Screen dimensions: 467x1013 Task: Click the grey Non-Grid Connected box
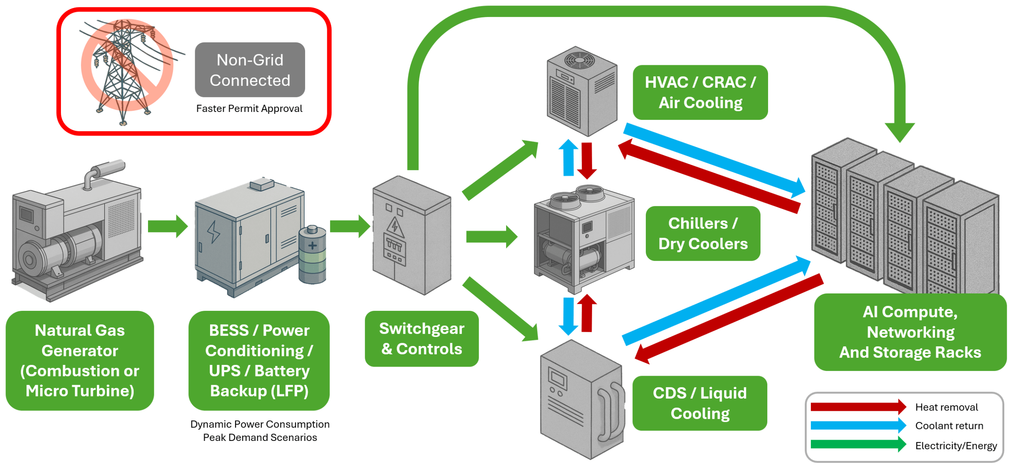click(250, 70)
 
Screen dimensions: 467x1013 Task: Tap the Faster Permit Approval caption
click(249, 109)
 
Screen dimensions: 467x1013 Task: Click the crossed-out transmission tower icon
click(126, 67)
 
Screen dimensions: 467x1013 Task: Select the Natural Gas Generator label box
click(80, 360)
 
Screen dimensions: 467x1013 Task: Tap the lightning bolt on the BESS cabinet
click(213, 231)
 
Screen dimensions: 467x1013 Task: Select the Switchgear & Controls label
click(421, 339)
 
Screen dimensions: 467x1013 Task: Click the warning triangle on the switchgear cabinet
click(395, 227)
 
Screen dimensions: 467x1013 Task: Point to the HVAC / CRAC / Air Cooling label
click(700, 93)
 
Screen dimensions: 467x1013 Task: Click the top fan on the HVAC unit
click(579, 60)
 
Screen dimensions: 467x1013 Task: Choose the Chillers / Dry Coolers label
click(703, 234)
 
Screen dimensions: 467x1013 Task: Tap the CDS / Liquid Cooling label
click(700, 403)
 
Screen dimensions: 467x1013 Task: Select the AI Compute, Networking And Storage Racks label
click(910, 332)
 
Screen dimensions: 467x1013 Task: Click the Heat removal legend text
click(946, 407)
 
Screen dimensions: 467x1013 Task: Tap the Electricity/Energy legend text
click(956, 446)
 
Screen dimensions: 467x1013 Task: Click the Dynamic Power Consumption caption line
click(260, 424)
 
